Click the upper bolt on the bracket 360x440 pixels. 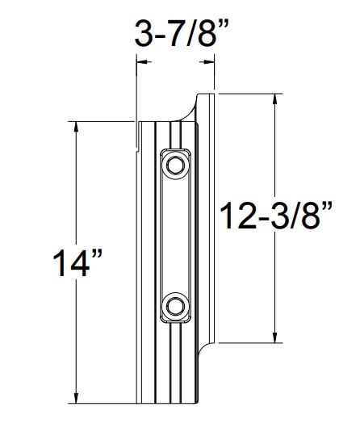pos(174,165)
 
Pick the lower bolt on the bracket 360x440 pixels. pos(174,306)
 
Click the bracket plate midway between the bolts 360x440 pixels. pos(174,236)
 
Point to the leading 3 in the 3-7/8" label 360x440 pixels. pos(144,34)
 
